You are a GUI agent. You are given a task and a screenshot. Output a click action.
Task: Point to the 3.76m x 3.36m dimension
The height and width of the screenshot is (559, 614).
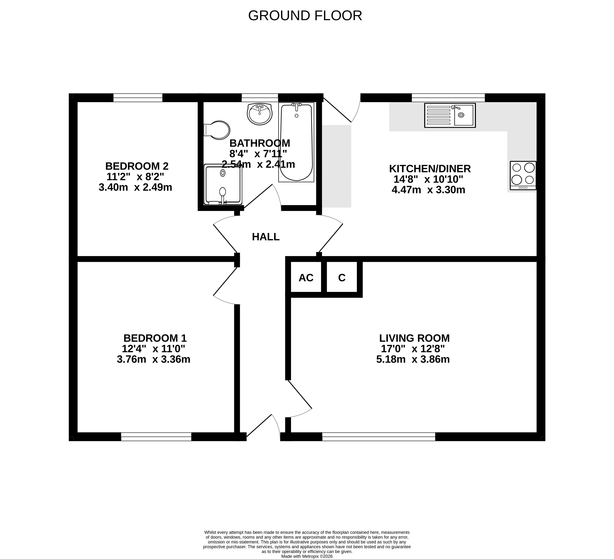(154, 359)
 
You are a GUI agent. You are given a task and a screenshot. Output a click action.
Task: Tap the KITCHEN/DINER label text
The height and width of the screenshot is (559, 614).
(430, 169)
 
